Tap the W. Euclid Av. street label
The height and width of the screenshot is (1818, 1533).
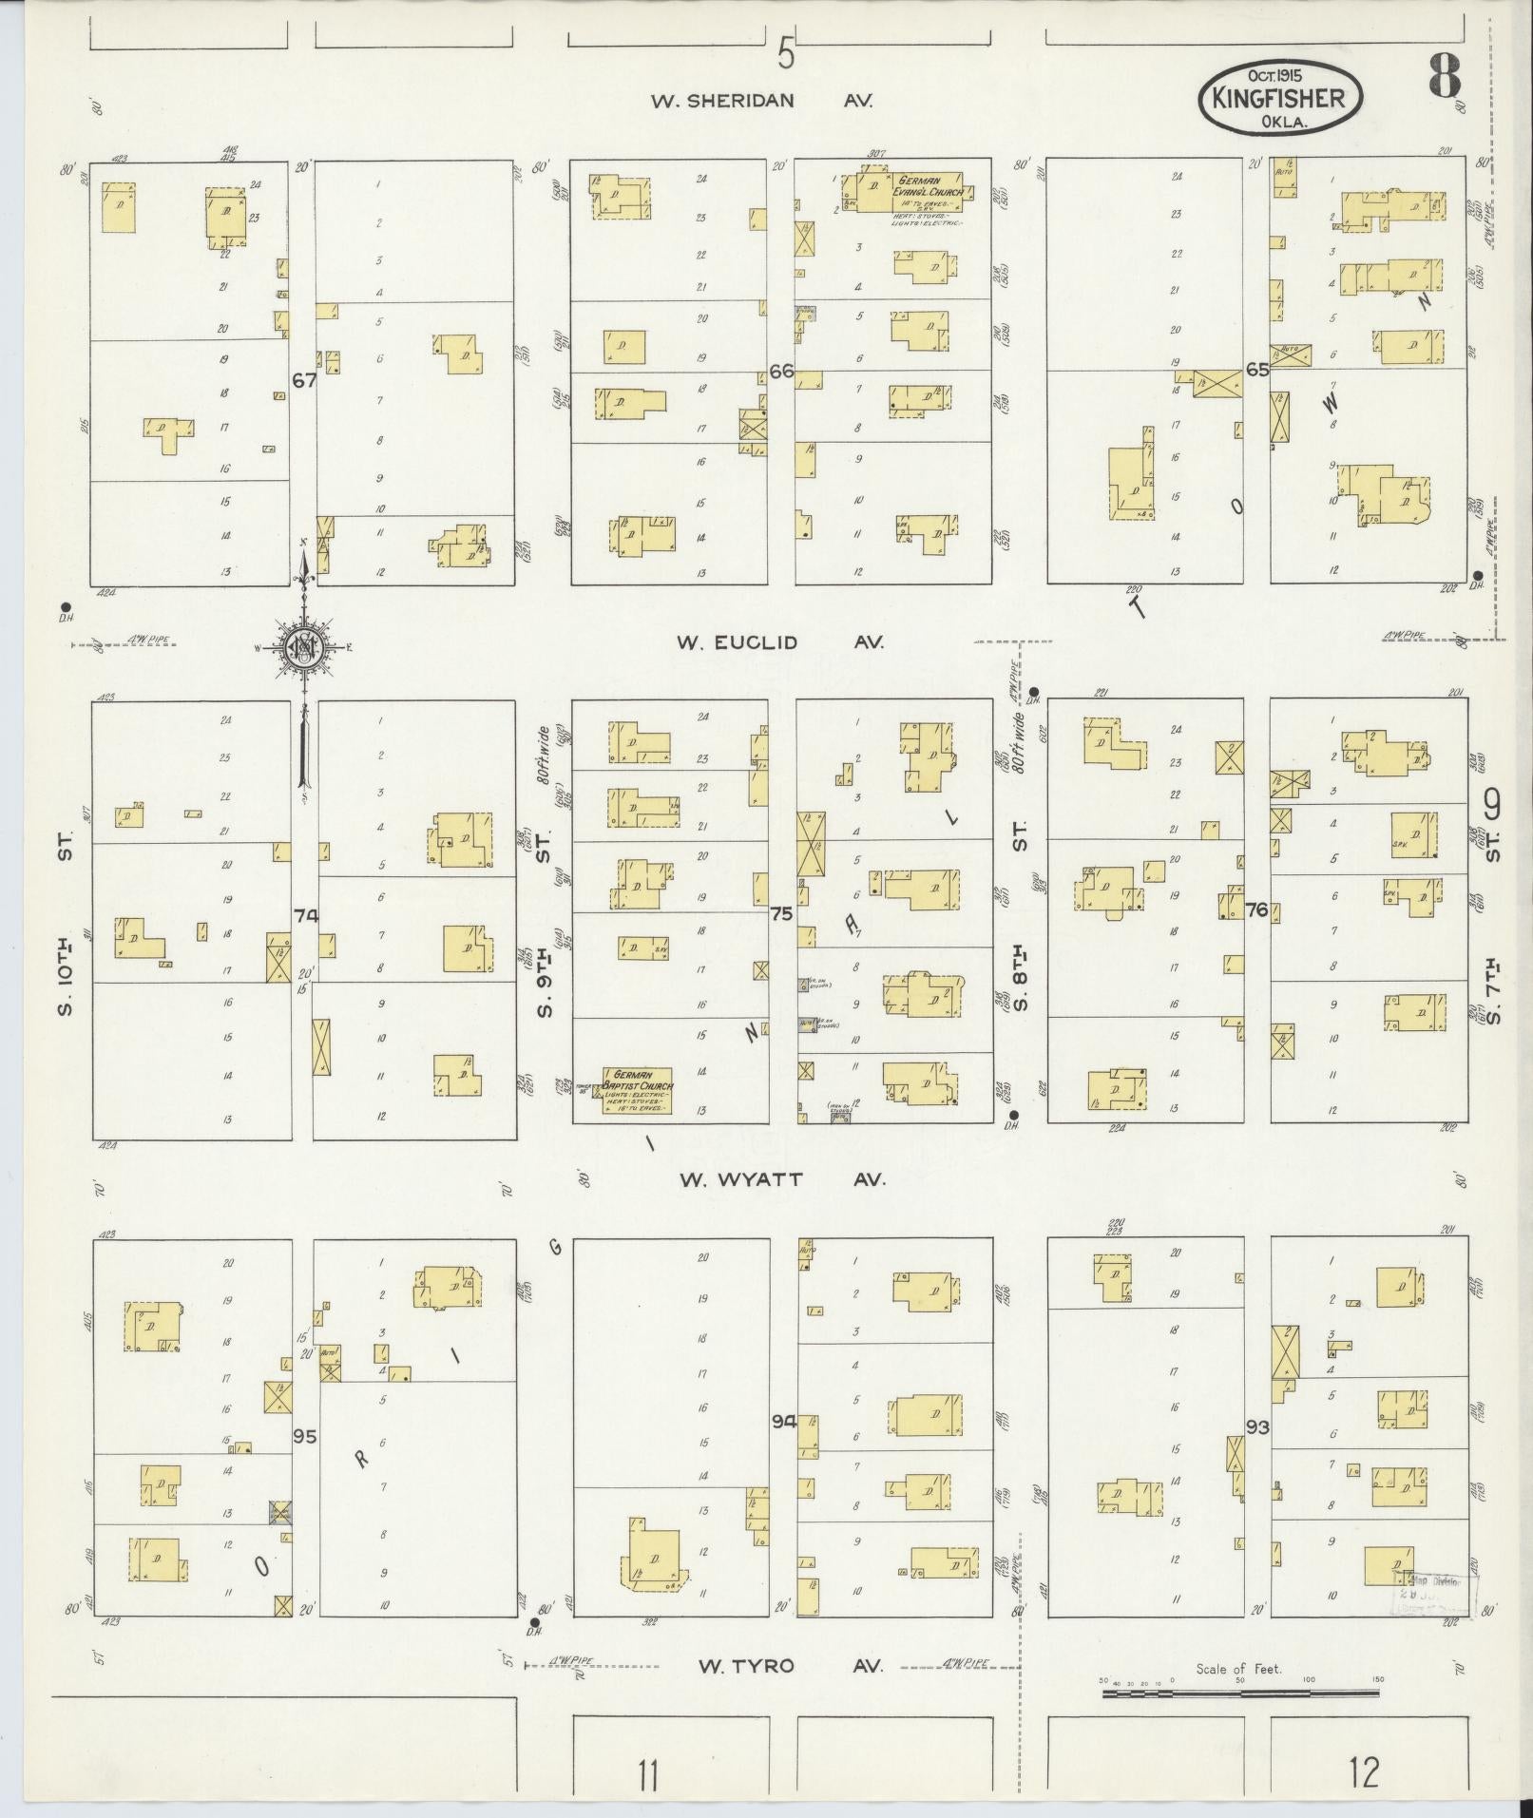click(779, 642)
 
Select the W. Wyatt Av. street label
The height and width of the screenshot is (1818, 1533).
click(781, 1179)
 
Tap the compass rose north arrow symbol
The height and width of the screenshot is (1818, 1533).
click(304, 648)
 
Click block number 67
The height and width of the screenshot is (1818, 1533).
click(304, 380)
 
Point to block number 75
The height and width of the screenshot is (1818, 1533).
click(781, 914)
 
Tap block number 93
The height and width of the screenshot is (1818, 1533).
click(1257, 1453)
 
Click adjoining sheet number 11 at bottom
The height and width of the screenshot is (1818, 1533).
click(648, 1773)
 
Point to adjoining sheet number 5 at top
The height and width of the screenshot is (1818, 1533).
click(785, 53)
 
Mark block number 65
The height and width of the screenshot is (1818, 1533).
click(1257, 370)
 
